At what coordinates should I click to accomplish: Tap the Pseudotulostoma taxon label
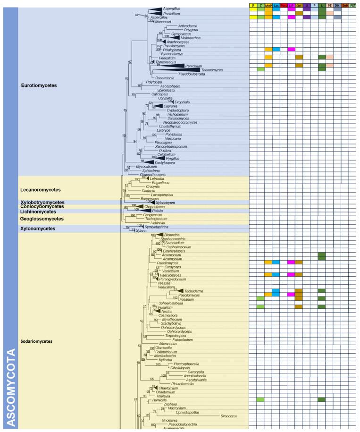pyautogui.click(x=178, y=74)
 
